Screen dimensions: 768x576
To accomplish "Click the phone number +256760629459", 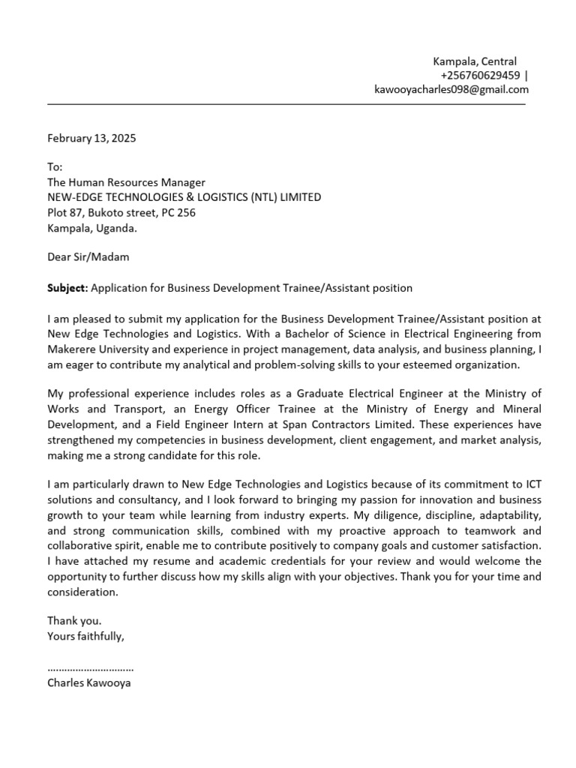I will [x=480, y=75].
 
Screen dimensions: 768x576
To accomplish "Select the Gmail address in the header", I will [x=451, y=89].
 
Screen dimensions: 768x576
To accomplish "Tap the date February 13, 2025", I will [x=92, y=139].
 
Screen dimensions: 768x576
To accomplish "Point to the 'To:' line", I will [x=55, y=167].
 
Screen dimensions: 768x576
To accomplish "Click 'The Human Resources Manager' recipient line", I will [x=126, y=182].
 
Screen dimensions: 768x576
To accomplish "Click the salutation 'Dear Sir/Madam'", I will [x=88, y=257].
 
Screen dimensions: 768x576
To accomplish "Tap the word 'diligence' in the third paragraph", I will [x=403, y=515].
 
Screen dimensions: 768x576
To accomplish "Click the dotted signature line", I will [x=90, y=667].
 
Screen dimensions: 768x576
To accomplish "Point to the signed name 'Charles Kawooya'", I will [x=88, y=683].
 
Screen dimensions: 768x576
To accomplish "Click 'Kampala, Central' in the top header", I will [x=475, y=61].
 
